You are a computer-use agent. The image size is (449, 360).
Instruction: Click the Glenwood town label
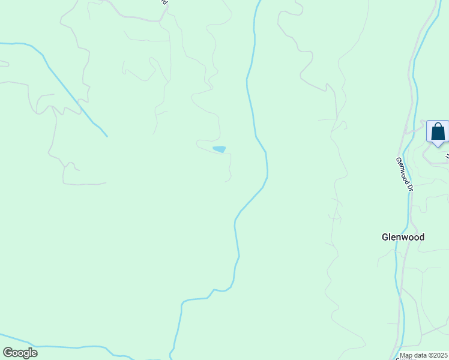pyautogui.click(x=403, y=237)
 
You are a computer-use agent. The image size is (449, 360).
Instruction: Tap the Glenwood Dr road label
pyautogui.click(x=405, y=174)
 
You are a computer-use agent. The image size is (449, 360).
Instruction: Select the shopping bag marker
pyautogui.click(x=438, y=131)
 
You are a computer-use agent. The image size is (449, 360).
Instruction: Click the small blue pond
pyautogui.click(x=219, y=149)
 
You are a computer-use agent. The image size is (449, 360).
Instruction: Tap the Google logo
pyautogui.click(x=20, y=353)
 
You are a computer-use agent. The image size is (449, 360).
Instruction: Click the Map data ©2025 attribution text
pyautogui.click(x=424, y=356)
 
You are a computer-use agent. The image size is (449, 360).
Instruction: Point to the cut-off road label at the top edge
pyautogui.click(x=164, y=2)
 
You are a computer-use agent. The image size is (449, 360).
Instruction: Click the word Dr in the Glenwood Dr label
pyautogui.click(x=411, y=187)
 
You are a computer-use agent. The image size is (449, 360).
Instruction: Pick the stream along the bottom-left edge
pyautogui.click(x=60, y=347)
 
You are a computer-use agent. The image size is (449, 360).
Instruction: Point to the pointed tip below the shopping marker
pyautogui.click(x=438, y=146)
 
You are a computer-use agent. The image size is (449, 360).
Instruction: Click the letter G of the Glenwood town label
pyautogui.click(x=385, y=237)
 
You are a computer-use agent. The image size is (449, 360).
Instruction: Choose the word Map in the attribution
pyautogui.click(x=406, y=356)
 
